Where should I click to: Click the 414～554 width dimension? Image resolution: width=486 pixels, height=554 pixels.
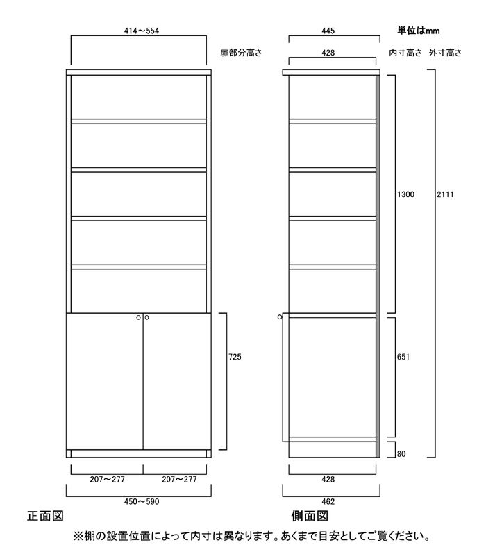coord(142,31)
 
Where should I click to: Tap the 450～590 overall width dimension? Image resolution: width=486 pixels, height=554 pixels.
coord(142,501)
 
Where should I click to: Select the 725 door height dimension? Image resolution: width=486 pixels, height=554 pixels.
coord(235,357)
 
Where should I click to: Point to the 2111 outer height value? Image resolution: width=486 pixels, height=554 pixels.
coord(445,194)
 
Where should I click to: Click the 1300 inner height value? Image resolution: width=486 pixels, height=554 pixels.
coord(405,194)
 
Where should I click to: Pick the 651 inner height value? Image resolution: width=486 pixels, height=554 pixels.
coord(403,357)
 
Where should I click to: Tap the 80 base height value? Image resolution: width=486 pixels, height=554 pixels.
coord(401,453)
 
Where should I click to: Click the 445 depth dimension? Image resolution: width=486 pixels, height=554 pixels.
coord(328,31)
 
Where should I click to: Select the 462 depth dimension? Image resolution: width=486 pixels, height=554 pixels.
coord(328,501)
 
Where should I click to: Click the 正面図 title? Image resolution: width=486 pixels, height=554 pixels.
coord(45,517)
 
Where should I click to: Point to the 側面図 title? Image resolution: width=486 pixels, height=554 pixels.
coord(310,517)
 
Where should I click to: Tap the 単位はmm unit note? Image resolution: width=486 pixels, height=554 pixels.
coord(419,31)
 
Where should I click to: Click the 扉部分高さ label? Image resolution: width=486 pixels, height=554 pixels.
coord(241,53)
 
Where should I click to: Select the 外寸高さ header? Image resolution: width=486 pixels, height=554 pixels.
coord(445,53)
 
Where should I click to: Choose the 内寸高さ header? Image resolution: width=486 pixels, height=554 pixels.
coord(405,53)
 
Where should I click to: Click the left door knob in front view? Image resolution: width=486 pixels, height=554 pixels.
coord(139,318)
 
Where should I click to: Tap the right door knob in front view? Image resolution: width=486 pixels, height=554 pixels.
coord(146,318)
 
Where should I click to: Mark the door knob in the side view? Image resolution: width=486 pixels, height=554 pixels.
coord(280,317)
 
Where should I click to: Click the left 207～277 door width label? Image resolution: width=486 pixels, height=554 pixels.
coord(107,480)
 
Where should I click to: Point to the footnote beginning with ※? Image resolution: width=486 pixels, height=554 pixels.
coord(251,537)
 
